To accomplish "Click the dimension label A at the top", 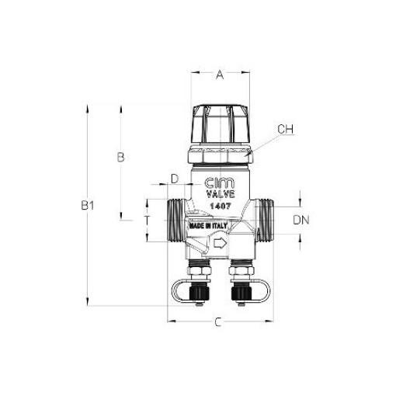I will tap(220, 75).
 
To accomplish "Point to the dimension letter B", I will tap(120, 158).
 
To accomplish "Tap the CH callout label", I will tap(287, 128).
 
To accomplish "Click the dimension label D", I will tap(175, 179).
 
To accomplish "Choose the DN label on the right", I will tap(302, 220).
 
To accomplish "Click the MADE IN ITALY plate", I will tap(206, 226).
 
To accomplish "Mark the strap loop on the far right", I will tap(262, 293).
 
